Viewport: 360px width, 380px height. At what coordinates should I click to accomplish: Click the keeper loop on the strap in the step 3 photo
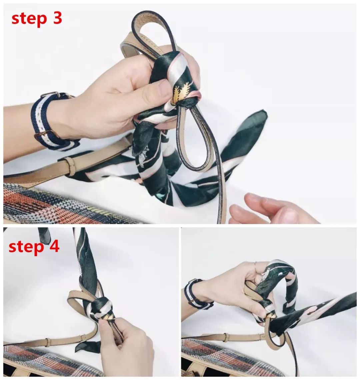point(70,167)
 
